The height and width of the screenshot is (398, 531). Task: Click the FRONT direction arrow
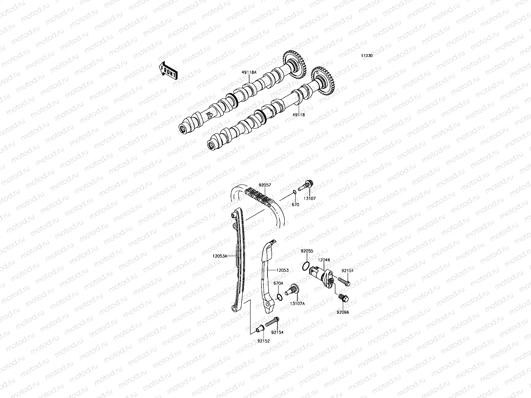[168, 71]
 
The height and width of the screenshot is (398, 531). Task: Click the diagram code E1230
[367, 56]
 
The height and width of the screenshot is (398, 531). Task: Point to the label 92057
[265, 186]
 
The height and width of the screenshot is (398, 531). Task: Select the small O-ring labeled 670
[294, 193]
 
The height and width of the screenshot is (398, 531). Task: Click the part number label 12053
[282, 270]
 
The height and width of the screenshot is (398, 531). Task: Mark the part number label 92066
[343, 312]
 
